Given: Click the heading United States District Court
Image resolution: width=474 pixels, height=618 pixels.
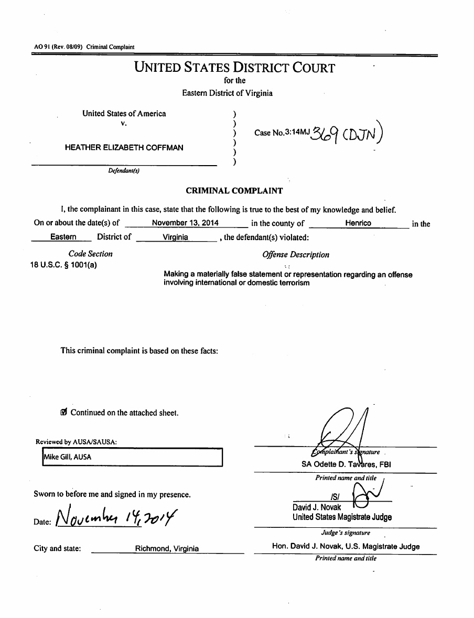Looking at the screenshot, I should coord(234,68).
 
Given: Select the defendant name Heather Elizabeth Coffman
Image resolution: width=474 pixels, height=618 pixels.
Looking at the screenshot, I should coord(124,148).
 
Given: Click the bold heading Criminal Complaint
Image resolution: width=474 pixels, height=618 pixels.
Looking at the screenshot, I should coord(234,191).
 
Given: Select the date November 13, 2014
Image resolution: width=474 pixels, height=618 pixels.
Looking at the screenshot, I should coord(185,223).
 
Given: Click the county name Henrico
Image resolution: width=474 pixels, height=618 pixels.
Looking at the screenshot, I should coord(358,223).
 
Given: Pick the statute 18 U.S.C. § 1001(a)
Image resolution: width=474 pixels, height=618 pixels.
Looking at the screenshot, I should coord(63,265).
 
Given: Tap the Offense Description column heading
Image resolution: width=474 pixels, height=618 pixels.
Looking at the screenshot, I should coord(296,255).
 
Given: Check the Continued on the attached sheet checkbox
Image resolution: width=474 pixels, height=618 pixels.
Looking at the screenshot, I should coord(64,413).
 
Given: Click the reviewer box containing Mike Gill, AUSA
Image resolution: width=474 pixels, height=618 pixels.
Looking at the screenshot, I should coord(132,457).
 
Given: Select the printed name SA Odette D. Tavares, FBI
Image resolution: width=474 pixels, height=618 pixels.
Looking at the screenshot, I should coord(346,464).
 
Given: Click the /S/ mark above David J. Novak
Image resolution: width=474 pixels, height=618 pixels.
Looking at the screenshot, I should coord(333,497).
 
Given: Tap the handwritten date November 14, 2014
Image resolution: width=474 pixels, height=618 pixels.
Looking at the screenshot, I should coord(116,518).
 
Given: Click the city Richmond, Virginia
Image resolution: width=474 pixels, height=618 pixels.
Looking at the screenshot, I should coord(167,549).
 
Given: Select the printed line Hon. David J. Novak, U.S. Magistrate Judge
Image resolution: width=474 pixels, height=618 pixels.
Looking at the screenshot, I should coord(346,546).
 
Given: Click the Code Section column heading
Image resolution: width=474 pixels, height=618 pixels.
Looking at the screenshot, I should coord(90,254).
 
